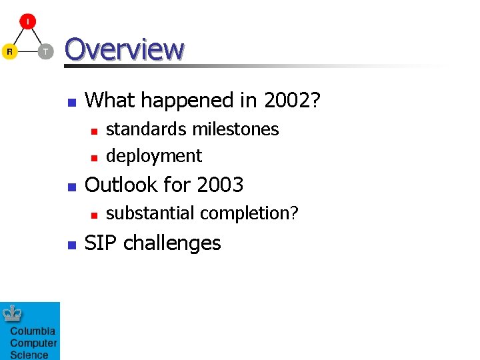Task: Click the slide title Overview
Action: pos(124,49)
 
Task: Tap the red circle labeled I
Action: pos(27,21)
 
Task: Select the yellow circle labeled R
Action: pos(9,51)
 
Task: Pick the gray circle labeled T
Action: pos(45,51)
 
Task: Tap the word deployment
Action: pos(154,156)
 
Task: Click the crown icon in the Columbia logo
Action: pos(13,313)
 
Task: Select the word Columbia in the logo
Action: pos(33,331)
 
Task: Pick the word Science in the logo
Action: pos(29,355)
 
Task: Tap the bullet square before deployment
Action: pos(94,158)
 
